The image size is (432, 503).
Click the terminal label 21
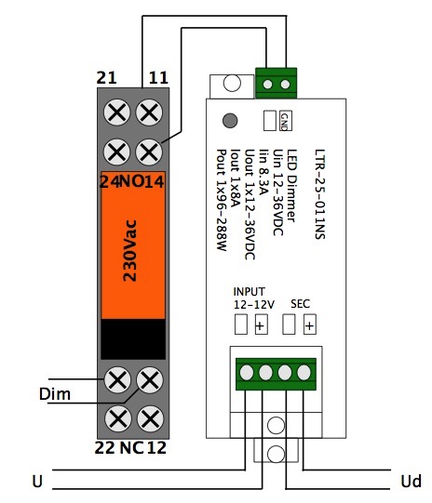tap(106, 77)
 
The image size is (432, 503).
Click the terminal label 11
tap(158, 77)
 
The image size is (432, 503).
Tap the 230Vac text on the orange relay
tap(130, 250)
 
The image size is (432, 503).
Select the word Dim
tap(55, 393)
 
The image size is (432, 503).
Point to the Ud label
tap(411, 482)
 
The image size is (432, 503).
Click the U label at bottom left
tap(37, 482)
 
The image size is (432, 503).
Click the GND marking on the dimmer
tap(285, 121)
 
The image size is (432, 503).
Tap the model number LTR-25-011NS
tap(319, 194)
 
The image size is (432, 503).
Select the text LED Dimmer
tap(291, 185)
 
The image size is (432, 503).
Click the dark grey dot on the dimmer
tap(230, 121)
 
